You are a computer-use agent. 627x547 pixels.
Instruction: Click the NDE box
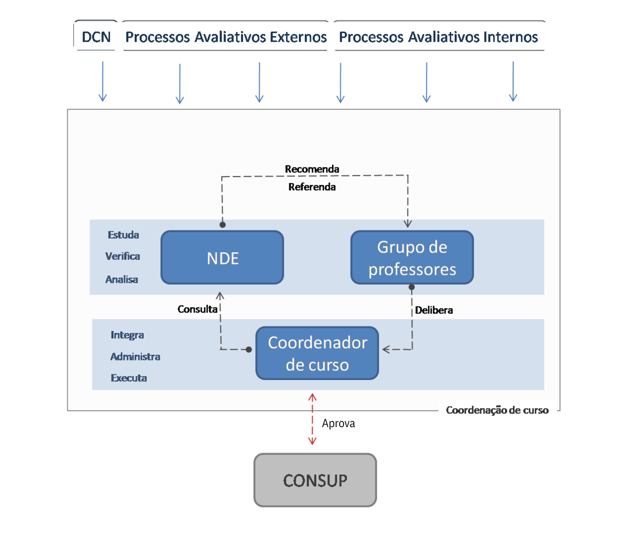pyautogui.click(x=222, y=258)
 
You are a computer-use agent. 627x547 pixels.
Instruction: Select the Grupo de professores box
pyautogui.click(x=412, y=258)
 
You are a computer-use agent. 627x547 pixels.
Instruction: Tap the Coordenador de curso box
pyautogui.click(x=317, y=353)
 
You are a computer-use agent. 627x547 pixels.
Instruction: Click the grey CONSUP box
pyautogui.click(x=315, y=480)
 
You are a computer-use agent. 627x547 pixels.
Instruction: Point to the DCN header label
pyautogui.click(x=96, y=36)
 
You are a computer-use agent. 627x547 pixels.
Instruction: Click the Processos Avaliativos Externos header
pyautogui.click(x=226, y=36)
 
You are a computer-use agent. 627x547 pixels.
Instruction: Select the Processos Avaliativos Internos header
pyautogui.click(x=438, y=36)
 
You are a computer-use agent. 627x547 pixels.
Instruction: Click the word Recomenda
pyautogui.click(x=312, y=169)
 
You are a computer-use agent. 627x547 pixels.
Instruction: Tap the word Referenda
pyautogui.click(x=312, y=187)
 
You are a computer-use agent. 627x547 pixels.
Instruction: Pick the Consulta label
pyautogui.click(x=197, y=309)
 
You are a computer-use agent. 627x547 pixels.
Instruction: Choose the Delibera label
pyautogui.click(x=434, y=310)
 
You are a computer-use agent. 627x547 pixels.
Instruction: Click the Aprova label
pyautogui.click(x=338, y=424)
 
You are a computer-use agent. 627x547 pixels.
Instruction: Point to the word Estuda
pyautogui.click(x=123, y=235)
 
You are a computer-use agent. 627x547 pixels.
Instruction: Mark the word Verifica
pyautogui.click(x=122, y=256)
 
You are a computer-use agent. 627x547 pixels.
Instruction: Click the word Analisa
pyautogui.click(x=121, y=279)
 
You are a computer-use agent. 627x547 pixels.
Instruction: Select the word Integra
pyautogui.click(x=127, y=335)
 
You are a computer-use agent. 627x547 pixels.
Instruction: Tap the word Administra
pyautogui.click(x=135, y=357)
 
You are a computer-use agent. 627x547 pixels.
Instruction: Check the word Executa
pyautogui.click(x=129, y=378)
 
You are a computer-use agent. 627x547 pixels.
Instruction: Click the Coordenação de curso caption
pyautogui.click(x=497, y=410)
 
